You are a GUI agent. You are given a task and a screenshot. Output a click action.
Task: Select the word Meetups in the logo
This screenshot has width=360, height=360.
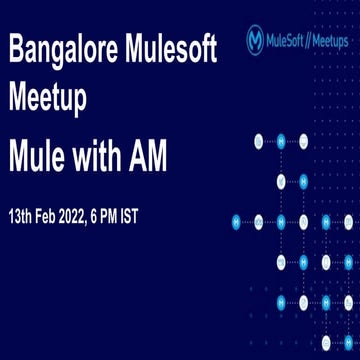pos(328,41)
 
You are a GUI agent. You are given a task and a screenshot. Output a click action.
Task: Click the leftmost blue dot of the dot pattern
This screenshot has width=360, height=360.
pos(236,220)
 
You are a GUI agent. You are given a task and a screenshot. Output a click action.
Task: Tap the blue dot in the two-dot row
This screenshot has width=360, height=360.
pos(304,181)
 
